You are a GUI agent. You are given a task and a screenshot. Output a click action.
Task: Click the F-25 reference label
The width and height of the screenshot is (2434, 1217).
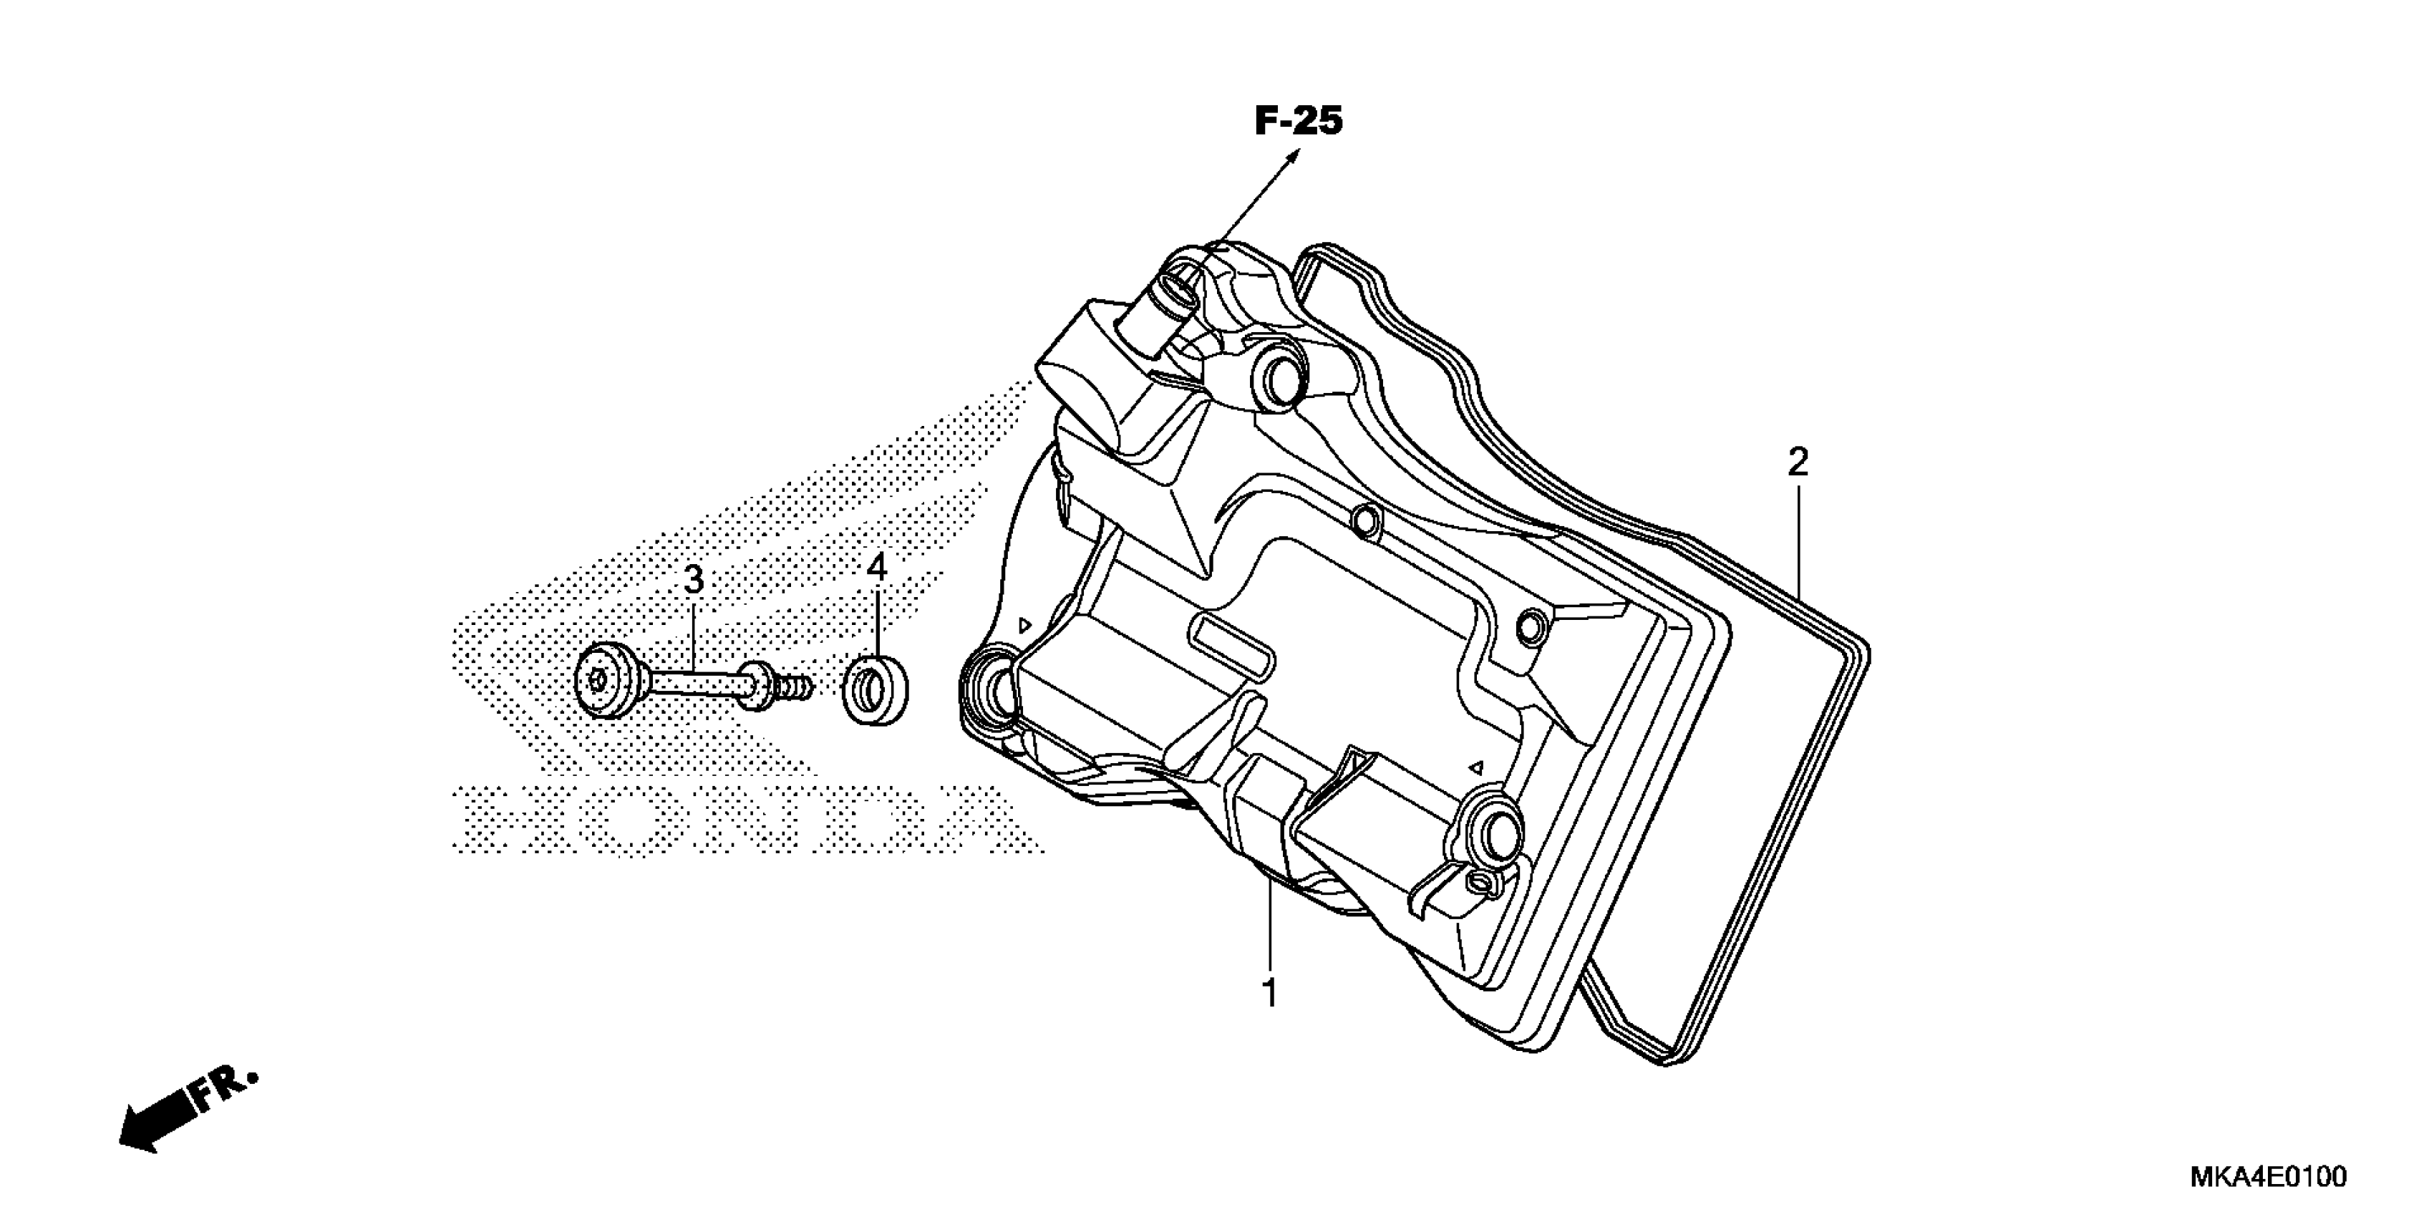click(1299, 122)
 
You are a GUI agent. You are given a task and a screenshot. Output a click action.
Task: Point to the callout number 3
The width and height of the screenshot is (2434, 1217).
click(694, 579)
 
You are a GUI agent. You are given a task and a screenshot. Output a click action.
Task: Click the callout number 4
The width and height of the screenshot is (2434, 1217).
click(877, 568)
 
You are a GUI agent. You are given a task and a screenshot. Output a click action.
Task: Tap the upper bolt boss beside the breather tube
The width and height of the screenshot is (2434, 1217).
click(1280, 381)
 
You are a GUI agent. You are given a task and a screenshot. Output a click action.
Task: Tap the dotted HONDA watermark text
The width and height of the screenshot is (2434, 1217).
click(737, 818)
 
